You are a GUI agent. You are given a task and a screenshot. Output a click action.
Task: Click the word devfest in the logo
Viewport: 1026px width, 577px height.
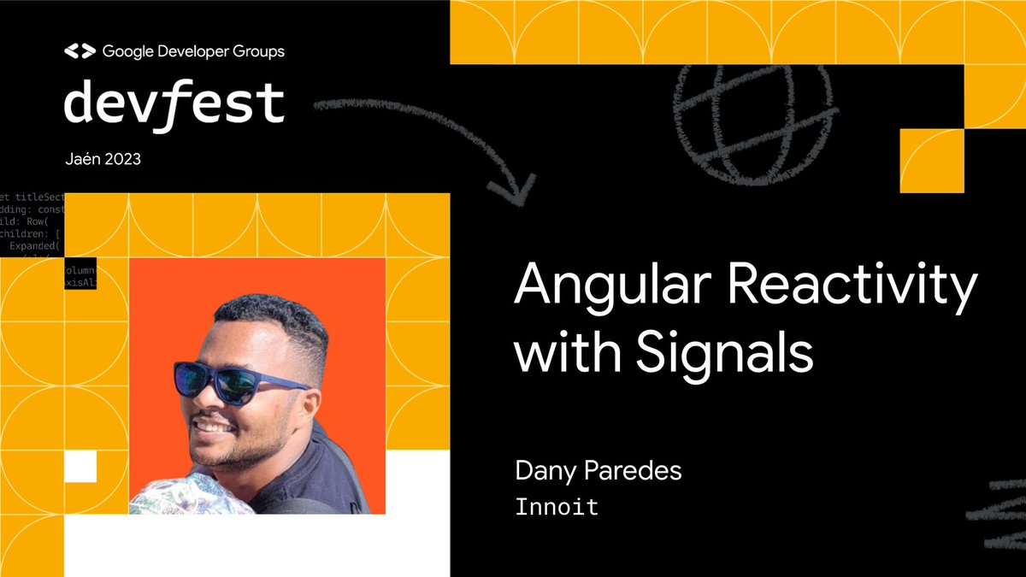point(174,104)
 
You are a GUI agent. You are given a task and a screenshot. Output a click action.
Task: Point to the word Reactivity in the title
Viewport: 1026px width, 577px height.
point(856,289)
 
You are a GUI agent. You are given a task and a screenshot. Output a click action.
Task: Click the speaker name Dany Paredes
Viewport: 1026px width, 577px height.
point(598,471)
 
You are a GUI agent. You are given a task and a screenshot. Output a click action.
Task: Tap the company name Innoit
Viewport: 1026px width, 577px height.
point(557,506)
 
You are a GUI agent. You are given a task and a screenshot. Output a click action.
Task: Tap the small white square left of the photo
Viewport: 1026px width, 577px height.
point(80,467)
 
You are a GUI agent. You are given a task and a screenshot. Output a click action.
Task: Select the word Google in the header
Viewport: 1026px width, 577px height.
point(126,51)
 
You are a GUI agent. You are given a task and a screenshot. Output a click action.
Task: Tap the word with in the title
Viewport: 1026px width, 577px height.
point(564,352)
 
